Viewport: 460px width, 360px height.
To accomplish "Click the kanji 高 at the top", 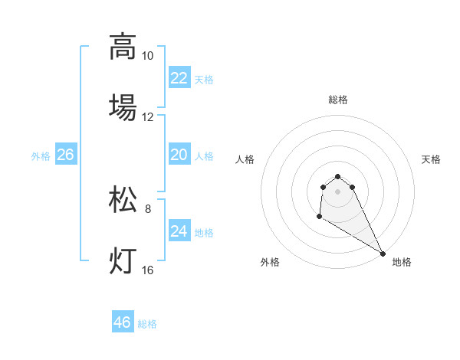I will tap(123, 47).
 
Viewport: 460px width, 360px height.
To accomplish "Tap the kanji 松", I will tap(123, 200).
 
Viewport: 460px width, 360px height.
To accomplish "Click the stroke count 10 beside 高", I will tap(147, 56).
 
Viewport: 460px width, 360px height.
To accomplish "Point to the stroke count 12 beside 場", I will tap(147, 117).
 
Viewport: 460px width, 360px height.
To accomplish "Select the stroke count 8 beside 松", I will tap(147, 208).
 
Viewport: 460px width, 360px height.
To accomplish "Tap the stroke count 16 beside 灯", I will tap(147, 270).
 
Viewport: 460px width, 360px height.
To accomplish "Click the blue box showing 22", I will tap(179, 78).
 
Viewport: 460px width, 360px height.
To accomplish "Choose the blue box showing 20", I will tap(179, 155).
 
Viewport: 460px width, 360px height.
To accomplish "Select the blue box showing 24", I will tap(179, 231).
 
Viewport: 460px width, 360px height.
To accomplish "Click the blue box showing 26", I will tap(65, 155).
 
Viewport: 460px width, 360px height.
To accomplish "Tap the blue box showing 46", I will tap(123, 322).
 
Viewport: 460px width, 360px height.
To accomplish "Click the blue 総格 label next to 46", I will tap(147, 324).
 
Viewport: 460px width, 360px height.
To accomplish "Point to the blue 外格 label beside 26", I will tap(41, 156).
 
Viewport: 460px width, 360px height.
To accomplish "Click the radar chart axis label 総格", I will tap(338, 100).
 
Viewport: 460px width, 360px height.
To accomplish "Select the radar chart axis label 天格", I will tap(431, 159).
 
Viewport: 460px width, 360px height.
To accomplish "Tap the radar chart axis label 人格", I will tap(245, 159).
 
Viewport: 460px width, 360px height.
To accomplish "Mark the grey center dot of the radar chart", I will tap(338, 191).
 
